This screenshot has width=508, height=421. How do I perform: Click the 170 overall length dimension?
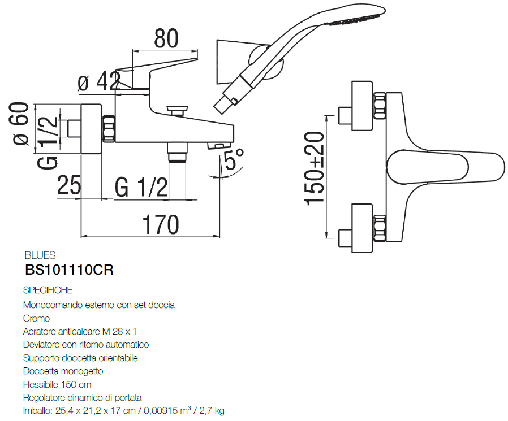coord(160,224)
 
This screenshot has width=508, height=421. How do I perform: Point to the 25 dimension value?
coord(70,186)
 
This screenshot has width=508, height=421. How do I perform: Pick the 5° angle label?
coord(234,160)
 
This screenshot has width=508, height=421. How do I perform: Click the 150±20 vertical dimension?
coord(315,168)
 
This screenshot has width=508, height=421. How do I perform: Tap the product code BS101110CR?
coord(70,270)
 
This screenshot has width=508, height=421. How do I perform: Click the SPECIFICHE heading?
coord(48,290)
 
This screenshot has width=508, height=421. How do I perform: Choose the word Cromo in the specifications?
coord(36,318)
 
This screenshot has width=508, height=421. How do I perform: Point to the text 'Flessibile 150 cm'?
coord(57,384)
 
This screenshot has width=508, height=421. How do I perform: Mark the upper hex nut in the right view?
coord(379,107)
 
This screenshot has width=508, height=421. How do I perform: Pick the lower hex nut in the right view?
coord(379,228)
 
